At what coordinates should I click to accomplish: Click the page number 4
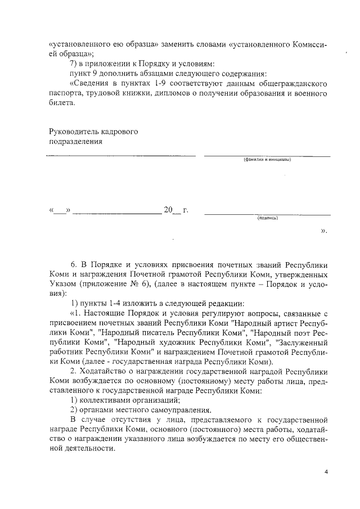(325, 471)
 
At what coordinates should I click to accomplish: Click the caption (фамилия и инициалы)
(267, 160)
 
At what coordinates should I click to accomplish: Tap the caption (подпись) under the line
(267, 219)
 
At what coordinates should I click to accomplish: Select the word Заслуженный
(299, 341)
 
